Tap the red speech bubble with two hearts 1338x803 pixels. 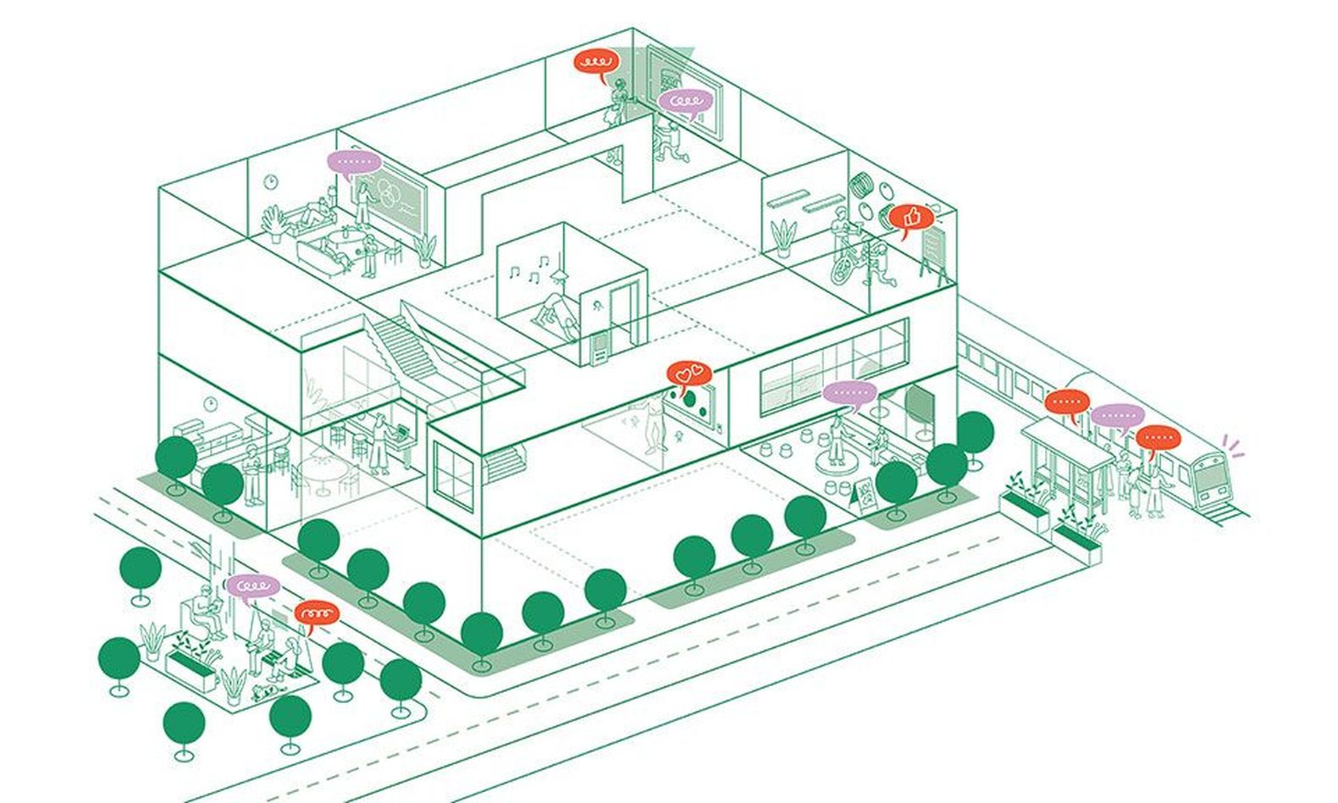(689, 372)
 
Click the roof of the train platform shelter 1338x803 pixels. (1067, 443)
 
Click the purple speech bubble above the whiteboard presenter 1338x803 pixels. (354, 162)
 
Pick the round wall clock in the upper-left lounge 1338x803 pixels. (271, 181)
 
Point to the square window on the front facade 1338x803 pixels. (454, 475)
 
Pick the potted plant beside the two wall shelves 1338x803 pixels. (783, 236)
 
